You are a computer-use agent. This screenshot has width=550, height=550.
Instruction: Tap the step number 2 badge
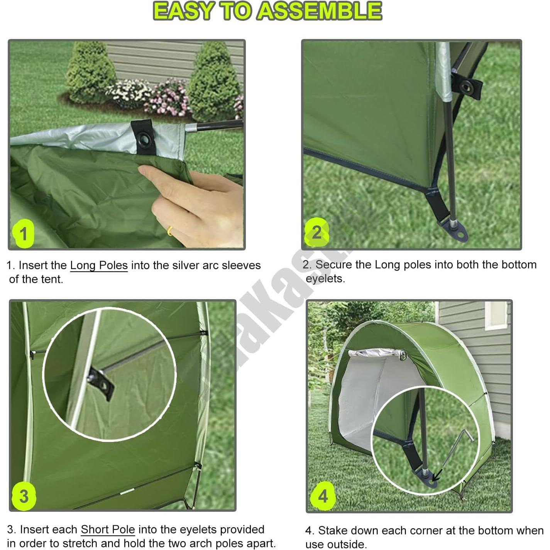click(x=316, y=232)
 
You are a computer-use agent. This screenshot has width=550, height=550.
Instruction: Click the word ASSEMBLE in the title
click(x=319, y=11)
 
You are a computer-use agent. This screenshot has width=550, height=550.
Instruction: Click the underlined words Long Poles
click(x=99, y=266)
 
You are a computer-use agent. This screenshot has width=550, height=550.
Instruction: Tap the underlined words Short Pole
click(x=108, y=530)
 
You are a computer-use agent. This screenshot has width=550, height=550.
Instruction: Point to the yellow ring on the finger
click(x=169, y=231)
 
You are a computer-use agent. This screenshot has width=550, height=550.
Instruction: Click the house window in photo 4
click(x=496, y=315)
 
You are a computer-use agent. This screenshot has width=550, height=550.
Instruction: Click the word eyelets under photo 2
click(x=325, y=279)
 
